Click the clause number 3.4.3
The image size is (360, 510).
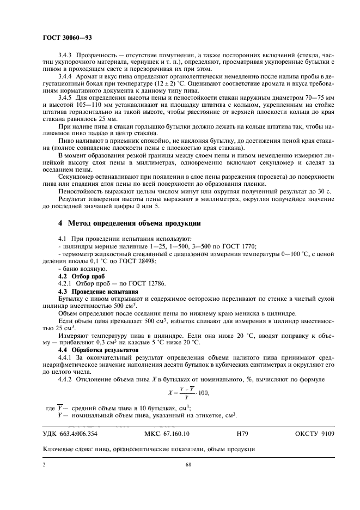click(66, 55)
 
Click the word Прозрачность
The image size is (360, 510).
click(97, 55)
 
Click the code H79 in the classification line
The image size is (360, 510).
click(243, 434)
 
